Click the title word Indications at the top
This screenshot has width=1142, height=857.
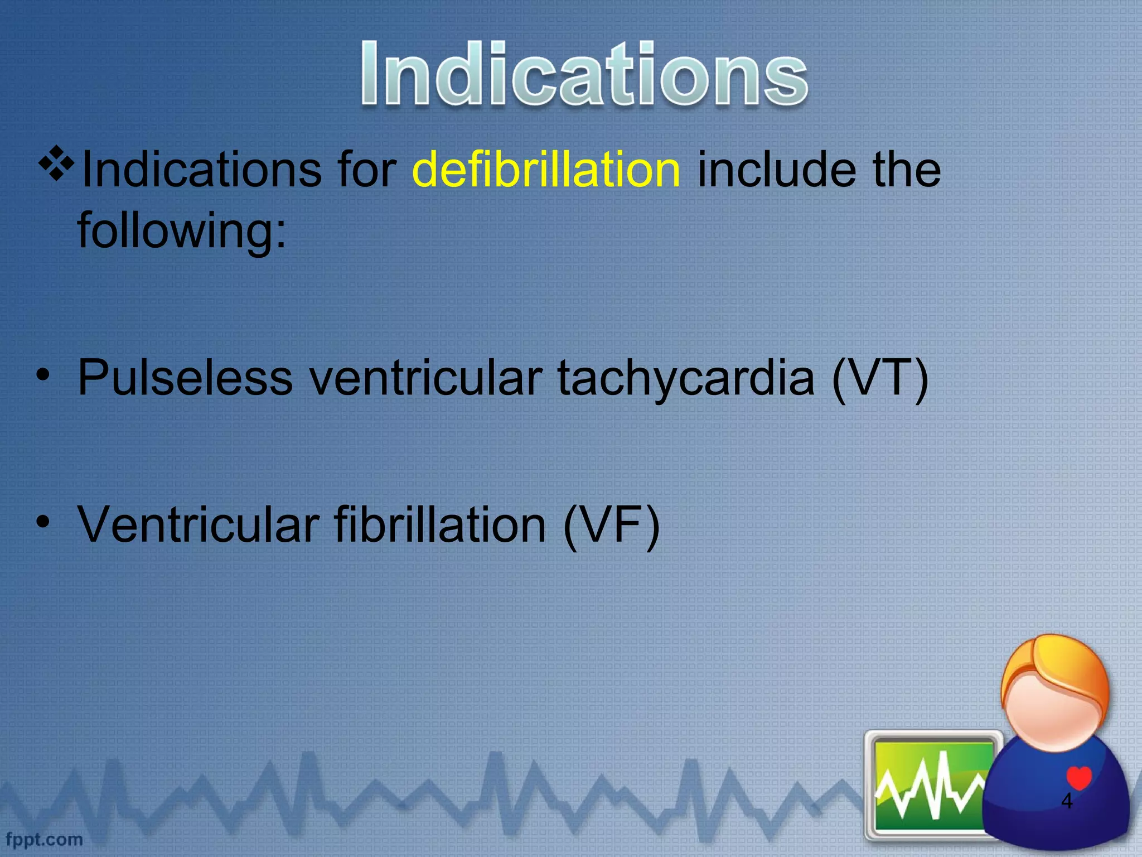tap(584, 74)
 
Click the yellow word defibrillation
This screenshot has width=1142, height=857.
tap(546, 170)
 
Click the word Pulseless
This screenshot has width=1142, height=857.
tap(185, 378)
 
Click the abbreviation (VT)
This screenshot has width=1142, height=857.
tap(879, 378)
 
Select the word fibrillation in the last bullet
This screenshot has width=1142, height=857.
tap(440, 525)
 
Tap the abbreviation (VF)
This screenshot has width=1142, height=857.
tap(611, 525)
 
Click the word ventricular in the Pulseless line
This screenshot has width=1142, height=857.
tap(425, 378)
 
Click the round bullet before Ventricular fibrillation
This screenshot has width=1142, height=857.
tap(42, 523)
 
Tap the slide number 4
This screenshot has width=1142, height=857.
tap(1066, 801)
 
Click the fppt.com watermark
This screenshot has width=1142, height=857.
tap(43, 839)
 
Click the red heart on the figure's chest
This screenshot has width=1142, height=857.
tap(1078, 777)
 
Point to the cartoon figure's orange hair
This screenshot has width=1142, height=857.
tap(1054, 670)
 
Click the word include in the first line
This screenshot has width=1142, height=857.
tap(776, 170)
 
